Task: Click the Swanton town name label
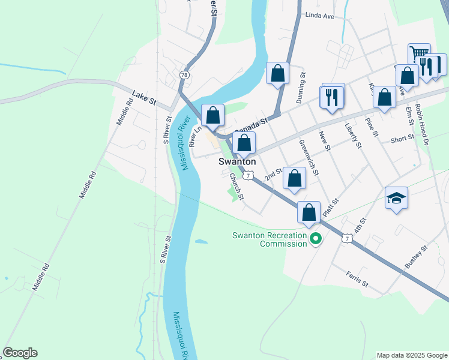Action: [x=237, y=162]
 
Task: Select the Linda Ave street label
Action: [x=319, y=16]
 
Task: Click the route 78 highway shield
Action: [x=184, y=74]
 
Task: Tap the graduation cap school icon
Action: [x=396, y=197]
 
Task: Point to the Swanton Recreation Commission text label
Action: [x=269, y=239]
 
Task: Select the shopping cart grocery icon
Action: [x=419, y=53]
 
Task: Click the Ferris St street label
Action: [x=357, y=278]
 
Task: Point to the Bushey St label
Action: [x=415, y=256]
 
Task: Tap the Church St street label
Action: [x=237, y=187]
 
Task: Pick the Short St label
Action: [x=402, y=138]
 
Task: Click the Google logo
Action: [x=20, y=353]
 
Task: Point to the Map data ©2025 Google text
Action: [x=411, y=355]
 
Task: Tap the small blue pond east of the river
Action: [x=202, y=242]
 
